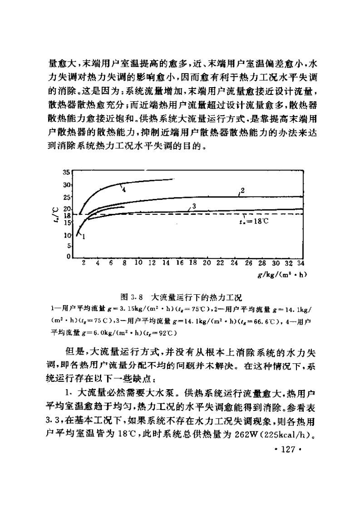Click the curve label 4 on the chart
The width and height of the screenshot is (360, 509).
pyautogui.click(x=123, y=189)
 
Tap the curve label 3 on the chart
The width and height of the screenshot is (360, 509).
pyautogui.click(x=194, y=206)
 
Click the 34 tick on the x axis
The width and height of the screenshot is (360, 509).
pyautogui.click(x=300, y=263)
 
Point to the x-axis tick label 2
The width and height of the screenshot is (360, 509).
pyautogui.click(x=84, y=263)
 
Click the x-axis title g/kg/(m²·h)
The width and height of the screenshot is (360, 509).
pyautogui.click(x=277, y=274)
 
